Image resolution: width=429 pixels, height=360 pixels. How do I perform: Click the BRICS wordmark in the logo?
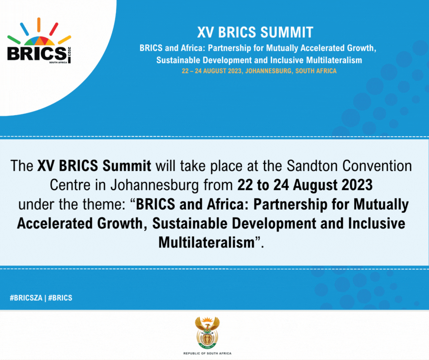(37, 54)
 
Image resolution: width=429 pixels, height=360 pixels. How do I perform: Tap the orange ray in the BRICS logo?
(39, 25)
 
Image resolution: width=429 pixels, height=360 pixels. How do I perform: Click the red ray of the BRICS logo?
(54, 29)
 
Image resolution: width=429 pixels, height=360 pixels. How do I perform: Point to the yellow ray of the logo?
(64, 40)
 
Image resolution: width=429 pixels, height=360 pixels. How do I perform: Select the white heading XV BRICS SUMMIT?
(255, 32)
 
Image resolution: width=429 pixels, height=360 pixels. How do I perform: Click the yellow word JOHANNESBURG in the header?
(268, 71)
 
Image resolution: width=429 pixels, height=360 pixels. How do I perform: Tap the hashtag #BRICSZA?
(26, 298)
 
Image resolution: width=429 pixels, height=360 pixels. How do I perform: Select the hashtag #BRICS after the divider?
(60, 298)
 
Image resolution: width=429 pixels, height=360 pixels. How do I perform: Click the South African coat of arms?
(207, 332)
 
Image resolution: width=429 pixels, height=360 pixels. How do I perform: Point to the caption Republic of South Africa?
(207, 354)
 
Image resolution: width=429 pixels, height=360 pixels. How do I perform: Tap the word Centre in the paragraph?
(70, 185)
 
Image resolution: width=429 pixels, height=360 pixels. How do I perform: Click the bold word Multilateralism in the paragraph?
(207, 243)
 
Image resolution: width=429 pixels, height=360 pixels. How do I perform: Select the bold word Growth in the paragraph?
(122, 223)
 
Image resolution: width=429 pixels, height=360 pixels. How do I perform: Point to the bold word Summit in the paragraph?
(127, 166)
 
